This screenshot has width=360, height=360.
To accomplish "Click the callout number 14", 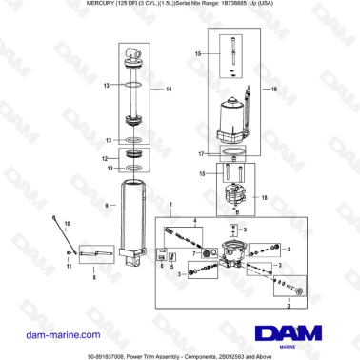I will pos(170,90).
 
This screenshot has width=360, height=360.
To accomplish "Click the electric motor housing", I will pos(231,118).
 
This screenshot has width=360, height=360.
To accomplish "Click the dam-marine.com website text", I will pos(53,335).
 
